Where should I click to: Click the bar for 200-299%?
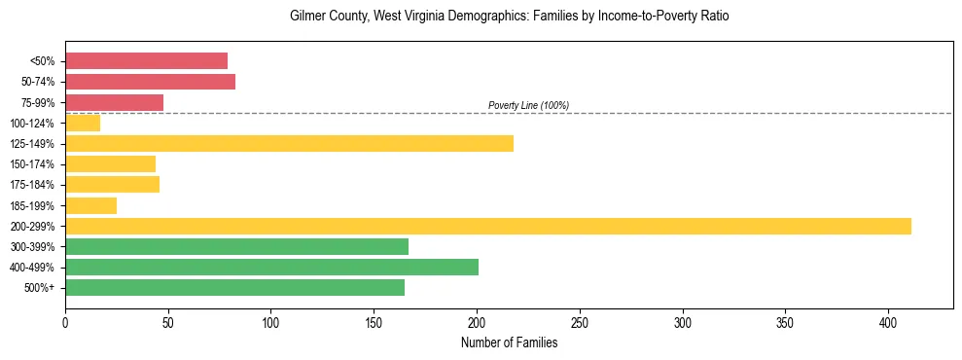point(487,226)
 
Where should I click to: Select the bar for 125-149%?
point(289,144)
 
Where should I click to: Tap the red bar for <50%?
point(146,61)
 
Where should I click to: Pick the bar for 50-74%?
point(150,82)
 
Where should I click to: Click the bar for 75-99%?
point(114,102)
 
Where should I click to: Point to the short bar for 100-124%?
point(83,123)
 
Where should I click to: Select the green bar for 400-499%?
point(271,267)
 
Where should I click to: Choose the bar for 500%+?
point(234,287)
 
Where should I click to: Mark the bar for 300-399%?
point(236,246)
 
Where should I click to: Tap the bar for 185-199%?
point(90,205)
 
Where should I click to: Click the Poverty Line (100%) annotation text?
point(528,105)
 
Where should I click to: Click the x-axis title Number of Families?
point(509,342)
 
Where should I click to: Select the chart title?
point(509,17)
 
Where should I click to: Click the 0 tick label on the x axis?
point(65,322)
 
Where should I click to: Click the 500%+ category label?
point(39,288)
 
